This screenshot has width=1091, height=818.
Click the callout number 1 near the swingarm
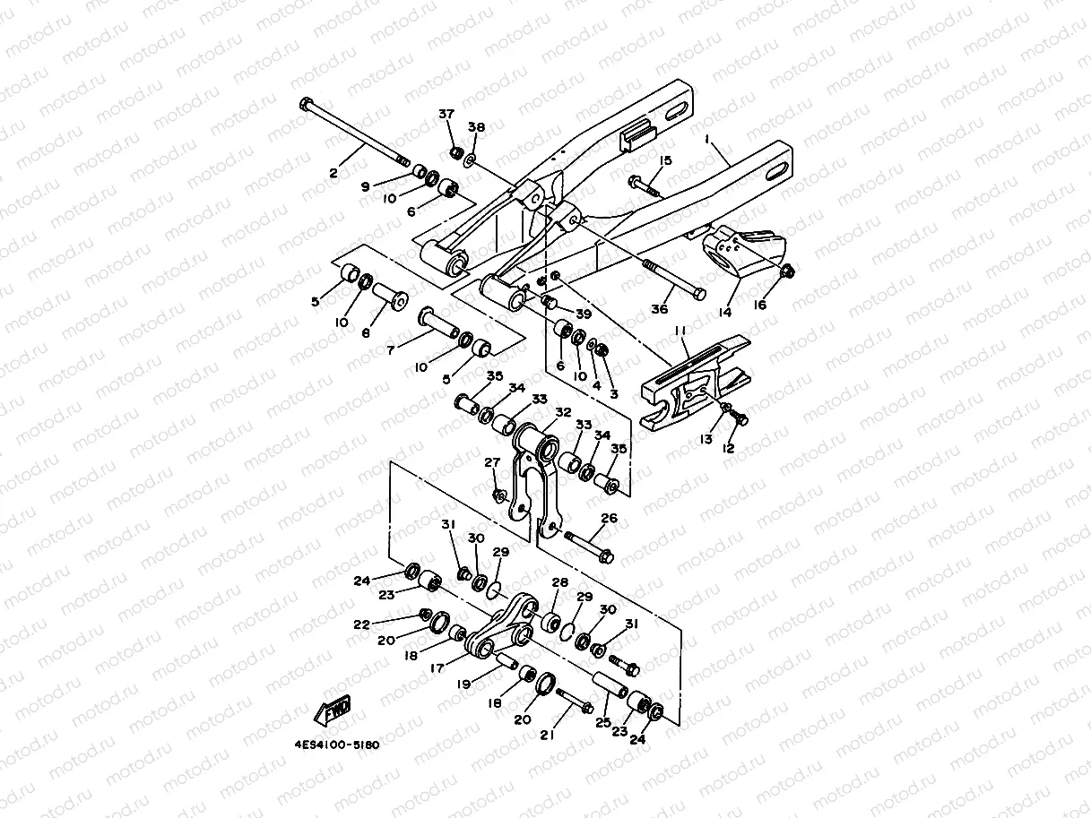click(706, 140)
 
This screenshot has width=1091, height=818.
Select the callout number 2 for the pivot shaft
click(333, 173)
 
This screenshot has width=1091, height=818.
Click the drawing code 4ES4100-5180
click(336, 745)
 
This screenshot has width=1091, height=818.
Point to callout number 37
click(446, 114)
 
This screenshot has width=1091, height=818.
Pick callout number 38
click(476, 128)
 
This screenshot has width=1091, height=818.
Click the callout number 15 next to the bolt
click(665, 160)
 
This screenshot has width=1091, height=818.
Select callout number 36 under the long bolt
click(660, 309)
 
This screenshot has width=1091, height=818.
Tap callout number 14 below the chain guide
click(724, 312)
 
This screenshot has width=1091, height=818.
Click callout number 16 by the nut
click(760, 305)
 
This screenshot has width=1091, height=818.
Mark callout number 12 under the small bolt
click(729, 448)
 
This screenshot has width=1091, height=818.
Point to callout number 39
click(584, 313)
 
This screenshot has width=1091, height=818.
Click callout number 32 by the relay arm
click(563, 412)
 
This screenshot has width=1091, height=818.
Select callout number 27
click(492, 462)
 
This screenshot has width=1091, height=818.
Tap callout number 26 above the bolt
click(610, 518)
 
